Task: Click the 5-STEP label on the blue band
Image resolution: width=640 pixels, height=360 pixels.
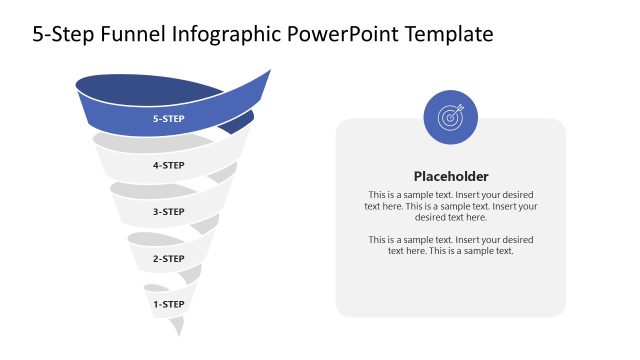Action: [168, 119]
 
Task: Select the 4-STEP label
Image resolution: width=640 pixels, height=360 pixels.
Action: [168, 165]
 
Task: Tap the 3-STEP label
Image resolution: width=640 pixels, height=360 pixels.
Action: [168, 211]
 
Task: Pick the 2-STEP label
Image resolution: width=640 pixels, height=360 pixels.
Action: [168, 258]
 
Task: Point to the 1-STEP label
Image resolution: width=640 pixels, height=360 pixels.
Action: [168, 302]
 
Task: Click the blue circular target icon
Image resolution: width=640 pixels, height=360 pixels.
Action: [451, 117]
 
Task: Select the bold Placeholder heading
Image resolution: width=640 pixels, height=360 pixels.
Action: [451, 176]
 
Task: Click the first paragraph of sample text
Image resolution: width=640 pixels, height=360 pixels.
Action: [451, 205]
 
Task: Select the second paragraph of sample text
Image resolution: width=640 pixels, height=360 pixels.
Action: [451, 245]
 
